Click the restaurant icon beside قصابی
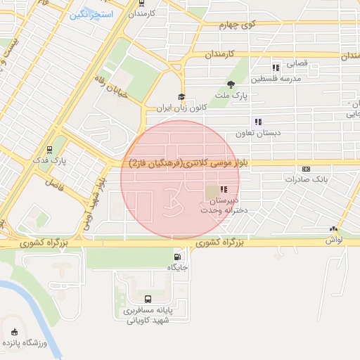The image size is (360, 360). (276, 67)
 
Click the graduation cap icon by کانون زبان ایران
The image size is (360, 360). (181, 98)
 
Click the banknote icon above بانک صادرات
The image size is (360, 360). (306, 169)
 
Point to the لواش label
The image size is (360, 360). (333, 240)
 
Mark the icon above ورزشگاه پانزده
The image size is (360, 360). (15, 330)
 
